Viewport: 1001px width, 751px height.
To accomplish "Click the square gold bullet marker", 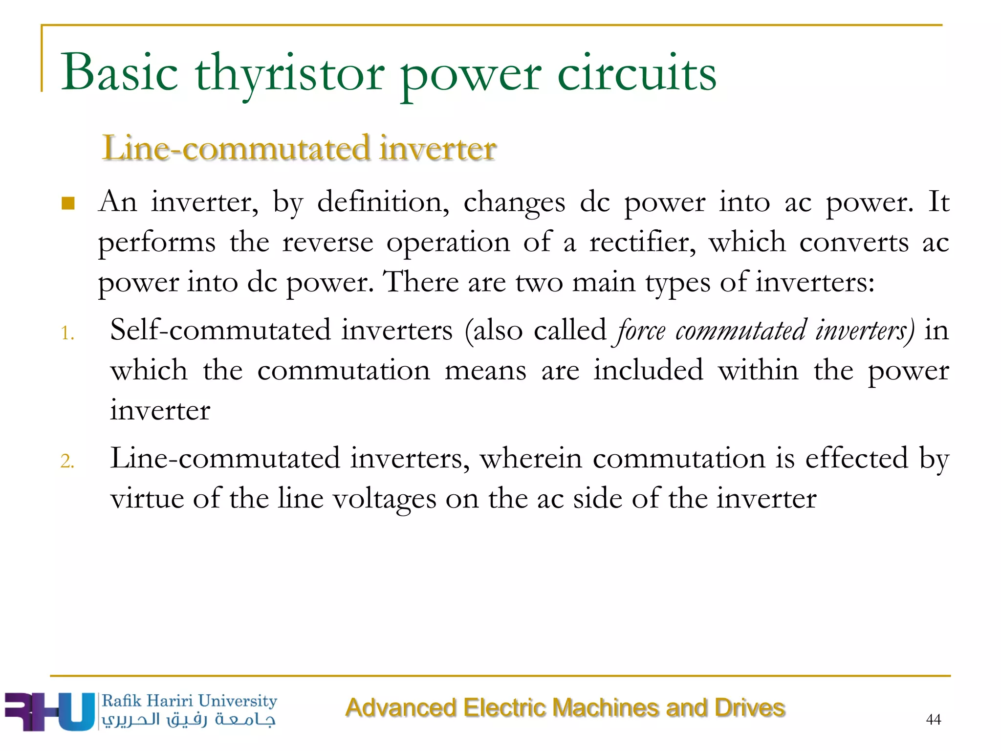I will point(68,203).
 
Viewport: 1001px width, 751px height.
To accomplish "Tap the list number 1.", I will point(67,333).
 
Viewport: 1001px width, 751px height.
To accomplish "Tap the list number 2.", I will point(67,461).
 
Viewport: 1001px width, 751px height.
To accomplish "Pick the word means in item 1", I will point(485,370).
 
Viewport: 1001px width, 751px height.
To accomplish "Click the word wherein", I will point(531,459).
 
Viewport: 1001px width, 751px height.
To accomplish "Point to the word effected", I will point(856,459).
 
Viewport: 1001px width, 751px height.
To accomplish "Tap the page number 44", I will point(933,719).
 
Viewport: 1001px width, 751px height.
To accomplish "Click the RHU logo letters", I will point(49,711).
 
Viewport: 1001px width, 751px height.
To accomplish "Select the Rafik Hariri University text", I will point(189,701).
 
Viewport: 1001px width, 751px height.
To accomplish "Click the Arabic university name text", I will point(189,720).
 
